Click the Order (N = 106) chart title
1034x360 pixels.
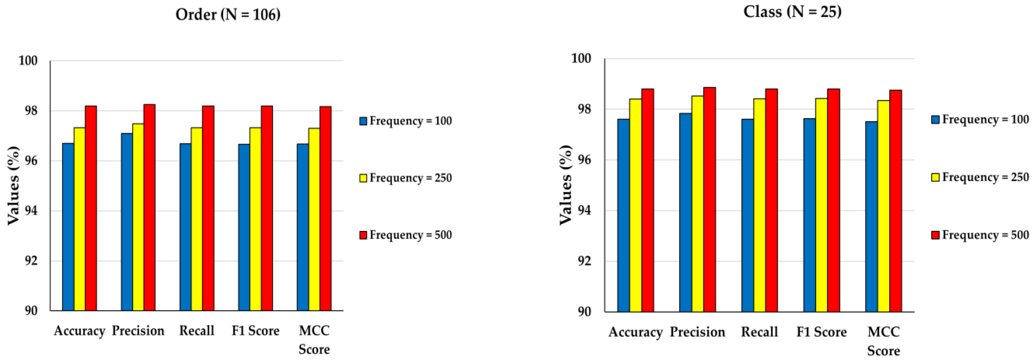(228, 15)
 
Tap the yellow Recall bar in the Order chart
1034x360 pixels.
(197, 219)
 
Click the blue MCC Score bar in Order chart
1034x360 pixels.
(303, 227)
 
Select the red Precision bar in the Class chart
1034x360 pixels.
(709, 199)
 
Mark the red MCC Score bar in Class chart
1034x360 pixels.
(895, 201)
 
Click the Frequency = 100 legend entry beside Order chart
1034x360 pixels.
(406, 121)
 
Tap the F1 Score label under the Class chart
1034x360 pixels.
(821, 332)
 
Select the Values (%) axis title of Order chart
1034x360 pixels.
(14, 185)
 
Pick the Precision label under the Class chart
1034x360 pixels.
(697, 332)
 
